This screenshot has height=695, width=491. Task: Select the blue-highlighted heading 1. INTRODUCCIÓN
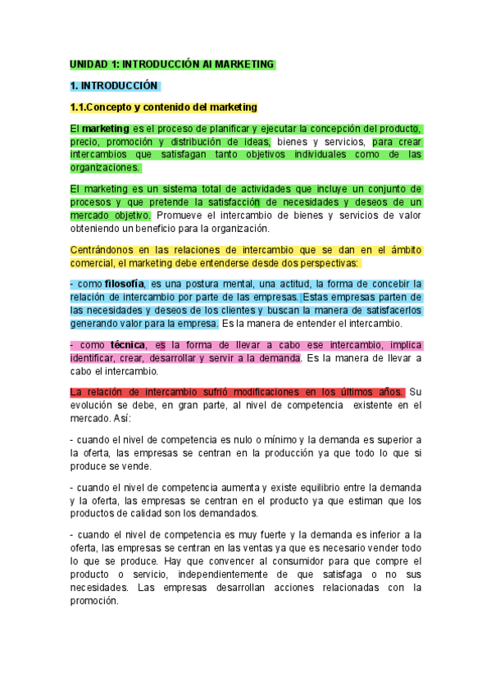pos(114,85)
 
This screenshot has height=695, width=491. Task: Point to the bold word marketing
pos(106,129)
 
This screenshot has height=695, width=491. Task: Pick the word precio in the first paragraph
pos(84,142)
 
